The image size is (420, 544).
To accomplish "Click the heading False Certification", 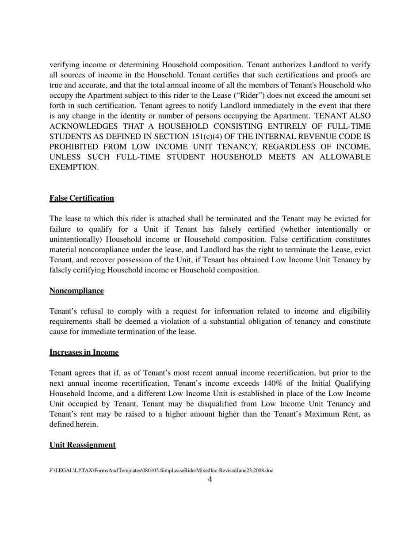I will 82,198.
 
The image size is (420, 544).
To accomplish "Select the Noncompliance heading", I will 76,291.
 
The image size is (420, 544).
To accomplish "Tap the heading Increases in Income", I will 84,352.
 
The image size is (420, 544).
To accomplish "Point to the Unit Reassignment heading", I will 83,445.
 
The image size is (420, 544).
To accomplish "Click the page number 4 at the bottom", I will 210,479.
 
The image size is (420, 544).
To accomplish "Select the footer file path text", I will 161,471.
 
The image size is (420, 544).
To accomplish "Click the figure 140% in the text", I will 275,383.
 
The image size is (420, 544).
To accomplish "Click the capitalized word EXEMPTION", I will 74,167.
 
